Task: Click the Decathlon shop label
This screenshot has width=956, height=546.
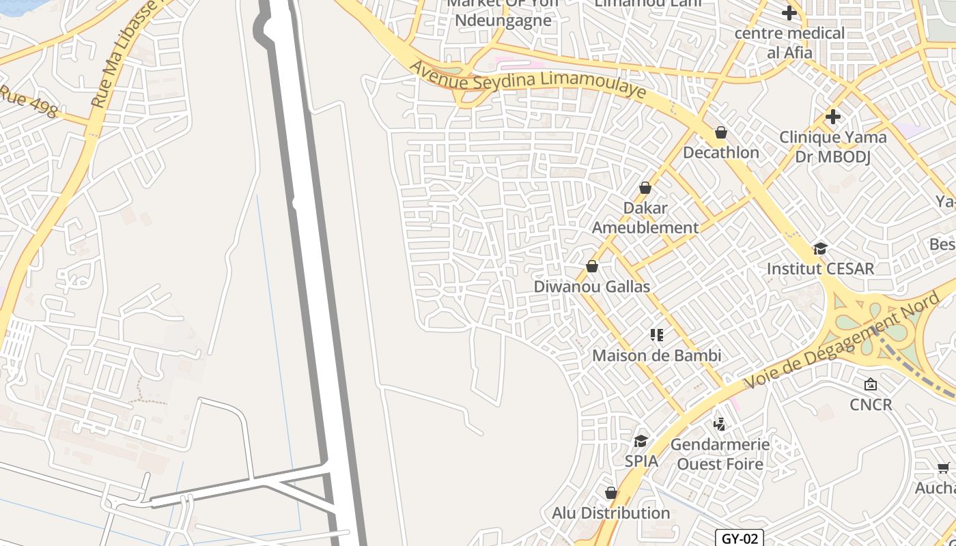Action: tap(720, 152)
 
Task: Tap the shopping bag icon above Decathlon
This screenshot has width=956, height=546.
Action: tap(720, 132)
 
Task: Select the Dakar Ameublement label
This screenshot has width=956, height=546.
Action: tap(645, 218)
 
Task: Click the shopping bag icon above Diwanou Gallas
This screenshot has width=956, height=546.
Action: tap(592, 266)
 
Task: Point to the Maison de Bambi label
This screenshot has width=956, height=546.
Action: tap(656, 356)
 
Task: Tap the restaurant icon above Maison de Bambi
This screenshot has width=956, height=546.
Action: tap(656, 335)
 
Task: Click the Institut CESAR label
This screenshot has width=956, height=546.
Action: tap(820, 268)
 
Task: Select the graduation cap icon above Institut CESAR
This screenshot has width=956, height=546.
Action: tap(820, 248)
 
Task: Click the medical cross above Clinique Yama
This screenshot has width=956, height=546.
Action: tap(832, 117)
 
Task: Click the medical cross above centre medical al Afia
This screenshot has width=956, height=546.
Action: tap(789, 13)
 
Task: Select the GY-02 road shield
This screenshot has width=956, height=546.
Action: tap(740, 538)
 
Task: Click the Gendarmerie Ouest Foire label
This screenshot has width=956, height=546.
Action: tap(719, 454)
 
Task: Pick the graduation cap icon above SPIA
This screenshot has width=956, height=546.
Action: tap(641, 441)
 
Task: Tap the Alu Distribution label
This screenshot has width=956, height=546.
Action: tap(610, 513)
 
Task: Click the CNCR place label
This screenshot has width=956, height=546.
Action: tap(871, 405)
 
